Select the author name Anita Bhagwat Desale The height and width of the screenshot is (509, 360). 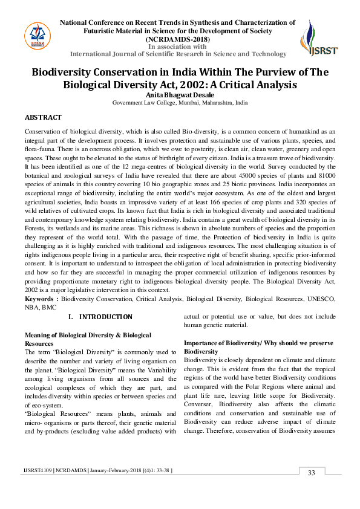coord(180,94)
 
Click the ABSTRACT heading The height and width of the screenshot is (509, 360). coord(43,117)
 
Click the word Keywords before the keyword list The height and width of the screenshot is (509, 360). coord(41,299)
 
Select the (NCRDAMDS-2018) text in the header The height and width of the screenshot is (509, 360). coord(177,39)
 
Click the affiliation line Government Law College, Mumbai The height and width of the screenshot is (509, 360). coord(180,103)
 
